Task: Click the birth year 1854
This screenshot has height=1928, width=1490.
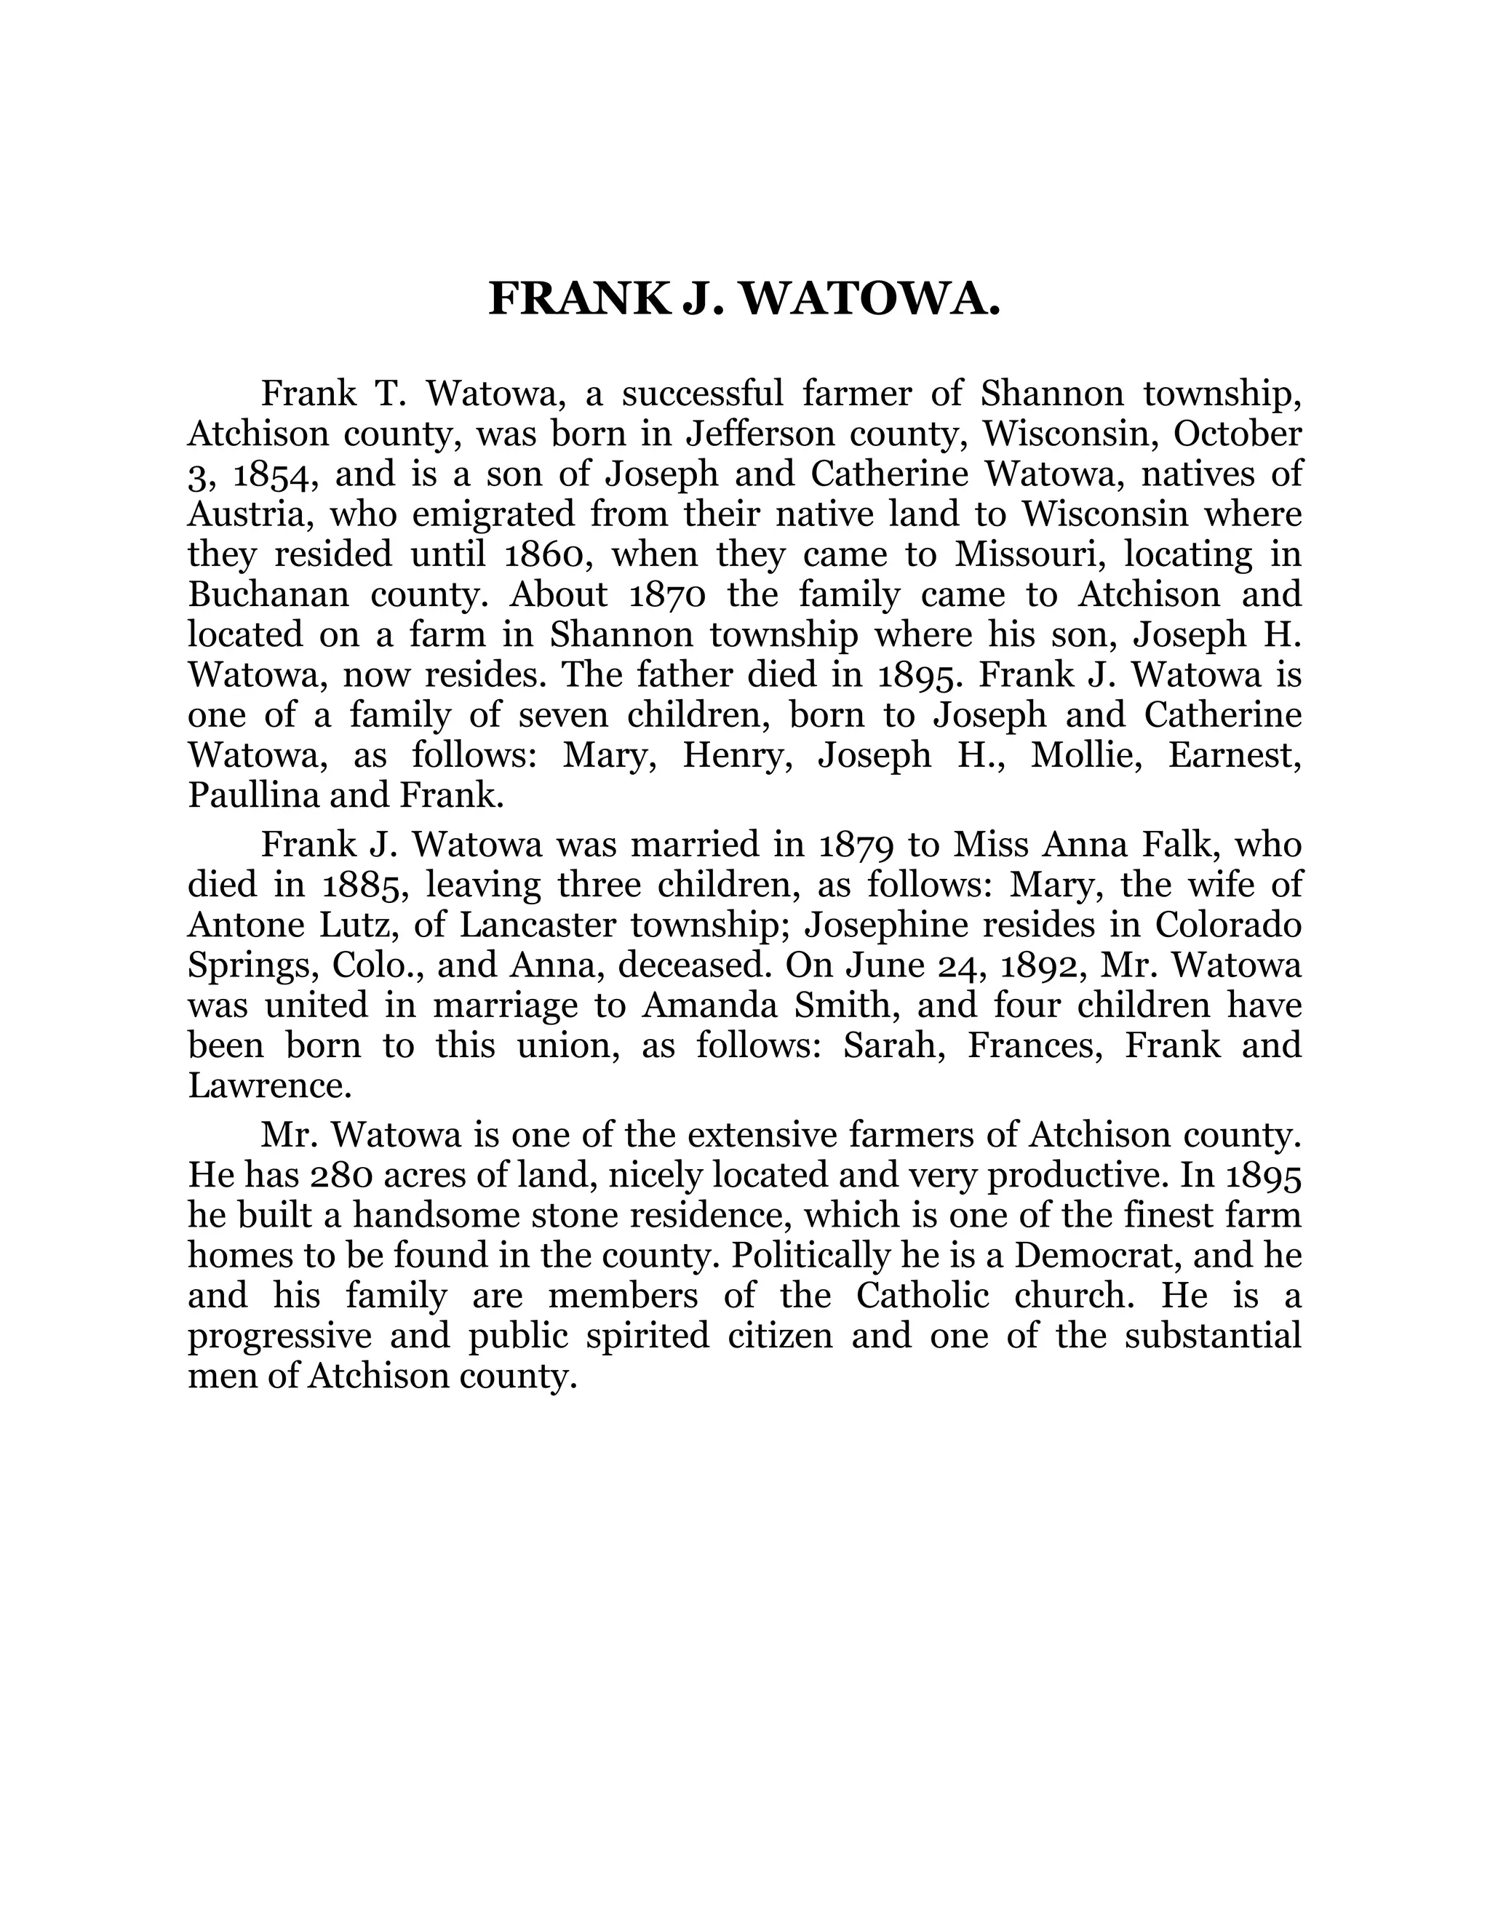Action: point(269,475)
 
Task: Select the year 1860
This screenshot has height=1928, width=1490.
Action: point(549,554)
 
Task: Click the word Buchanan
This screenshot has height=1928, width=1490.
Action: point(269,594)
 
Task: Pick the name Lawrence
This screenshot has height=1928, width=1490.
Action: point(269,1086)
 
